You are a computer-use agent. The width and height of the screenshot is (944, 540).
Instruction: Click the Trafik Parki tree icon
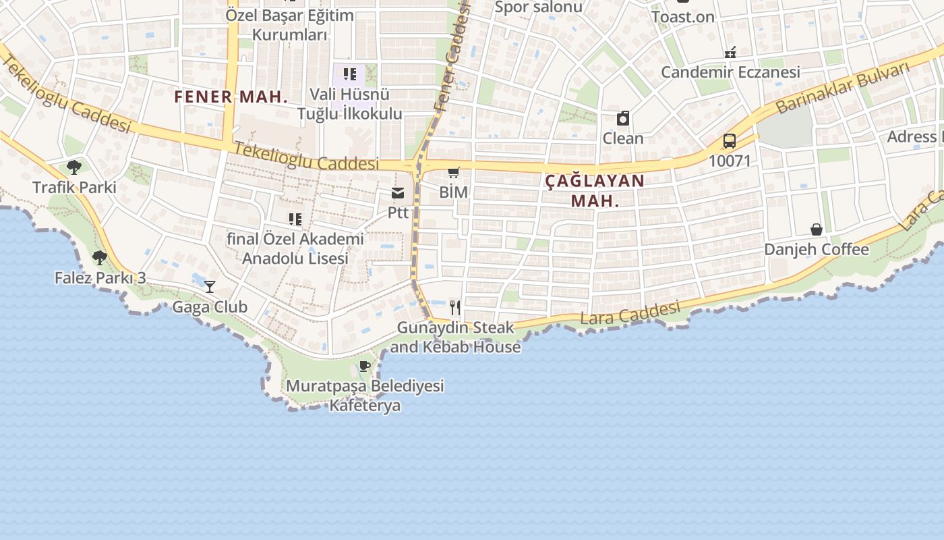[74, 167]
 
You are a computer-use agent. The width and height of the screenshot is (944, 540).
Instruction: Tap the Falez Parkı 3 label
[100, 277]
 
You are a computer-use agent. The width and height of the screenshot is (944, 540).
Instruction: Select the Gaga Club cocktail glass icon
[210, 287]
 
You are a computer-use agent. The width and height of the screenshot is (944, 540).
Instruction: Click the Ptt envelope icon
[398, 194]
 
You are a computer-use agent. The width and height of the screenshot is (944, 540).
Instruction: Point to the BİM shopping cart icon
[454, 173]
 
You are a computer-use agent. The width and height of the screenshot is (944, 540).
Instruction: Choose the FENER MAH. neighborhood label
[231, 97]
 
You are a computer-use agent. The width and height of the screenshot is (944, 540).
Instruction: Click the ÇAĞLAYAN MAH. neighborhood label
[594, 190]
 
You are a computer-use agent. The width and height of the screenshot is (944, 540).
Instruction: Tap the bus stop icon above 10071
[729, 141]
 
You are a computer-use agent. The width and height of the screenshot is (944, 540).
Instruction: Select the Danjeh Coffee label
[816, 250]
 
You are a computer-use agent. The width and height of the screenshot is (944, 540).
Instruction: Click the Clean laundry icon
[623, 119]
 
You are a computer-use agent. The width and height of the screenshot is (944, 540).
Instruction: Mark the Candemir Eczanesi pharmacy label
[730, 72]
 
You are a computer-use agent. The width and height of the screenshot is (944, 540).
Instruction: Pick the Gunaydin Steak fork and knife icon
[455, 308]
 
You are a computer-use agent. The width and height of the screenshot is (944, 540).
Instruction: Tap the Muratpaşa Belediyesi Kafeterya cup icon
[365, 367]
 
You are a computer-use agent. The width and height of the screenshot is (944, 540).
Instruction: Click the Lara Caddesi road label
[630, 313]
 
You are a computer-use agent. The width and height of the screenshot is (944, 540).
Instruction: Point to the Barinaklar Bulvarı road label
[842, 88]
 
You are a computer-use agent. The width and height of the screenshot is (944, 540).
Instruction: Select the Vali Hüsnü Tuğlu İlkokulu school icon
[349, 74]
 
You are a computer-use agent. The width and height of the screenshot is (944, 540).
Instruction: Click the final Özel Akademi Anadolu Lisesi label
[295, 248]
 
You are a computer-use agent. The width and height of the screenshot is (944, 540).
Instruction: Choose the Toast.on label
[682, 17]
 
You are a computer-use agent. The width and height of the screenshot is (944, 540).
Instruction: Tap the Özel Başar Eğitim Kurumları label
[290, 25]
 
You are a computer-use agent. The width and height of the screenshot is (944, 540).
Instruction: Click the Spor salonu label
[538, 7]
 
